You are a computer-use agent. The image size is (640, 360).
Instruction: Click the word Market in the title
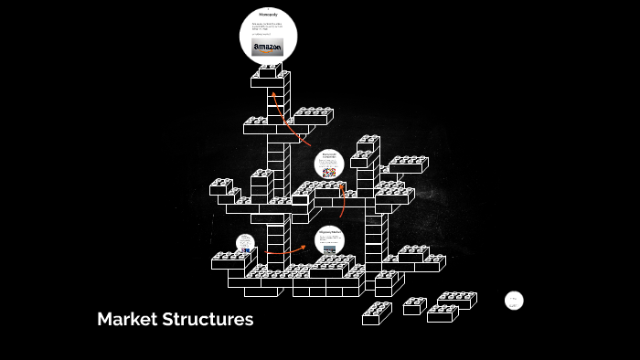[125, 320]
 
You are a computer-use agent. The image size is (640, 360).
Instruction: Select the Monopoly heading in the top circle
[268, 16]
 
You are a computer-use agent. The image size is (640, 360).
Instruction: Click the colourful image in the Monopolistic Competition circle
[329, 172]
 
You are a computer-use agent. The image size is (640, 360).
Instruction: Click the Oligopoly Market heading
[329, 232]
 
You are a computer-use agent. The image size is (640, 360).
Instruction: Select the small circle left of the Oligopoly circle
[245, 244]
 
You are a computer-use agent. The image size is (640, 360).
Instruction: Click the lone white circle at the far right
[514, 301]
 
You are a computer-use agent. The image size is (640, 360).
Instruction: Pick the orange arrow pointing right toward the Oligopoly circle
[291, 249]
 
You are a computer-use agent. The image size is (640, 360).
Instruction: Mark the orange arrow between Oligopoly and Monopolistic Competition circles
[336, 203]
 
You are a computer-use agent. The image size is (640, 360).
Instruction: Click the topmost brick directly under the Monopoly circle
[269, 72]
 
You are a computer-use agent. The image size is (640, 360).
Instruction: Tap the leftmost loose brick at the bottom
[376, 313]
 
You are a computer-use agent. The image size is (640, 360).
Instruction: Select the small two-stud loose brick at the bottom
[414, 305]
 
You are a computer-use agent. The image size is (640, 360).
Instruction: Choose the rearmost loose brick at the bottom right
[457, 299]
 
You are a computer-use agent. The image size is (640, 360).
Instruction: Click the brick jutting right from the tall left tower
[311, 116]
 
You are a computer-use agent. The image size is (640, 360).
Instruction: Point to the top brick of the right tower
[368, 143]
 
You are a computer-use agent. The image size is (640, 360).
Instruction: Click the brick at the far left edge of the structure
[220, 186]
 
